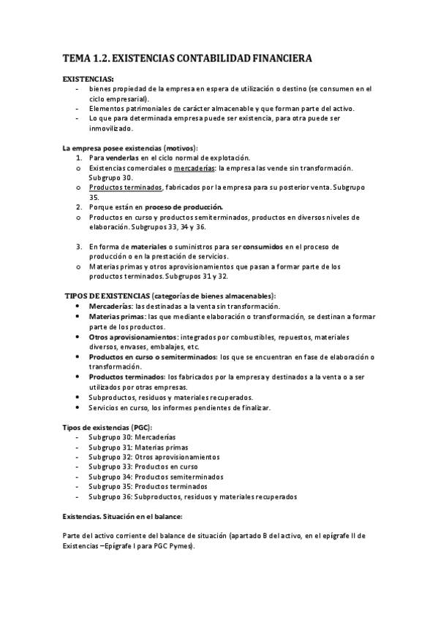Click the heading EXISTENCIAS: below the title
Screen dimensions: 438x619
click(88, 79)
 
